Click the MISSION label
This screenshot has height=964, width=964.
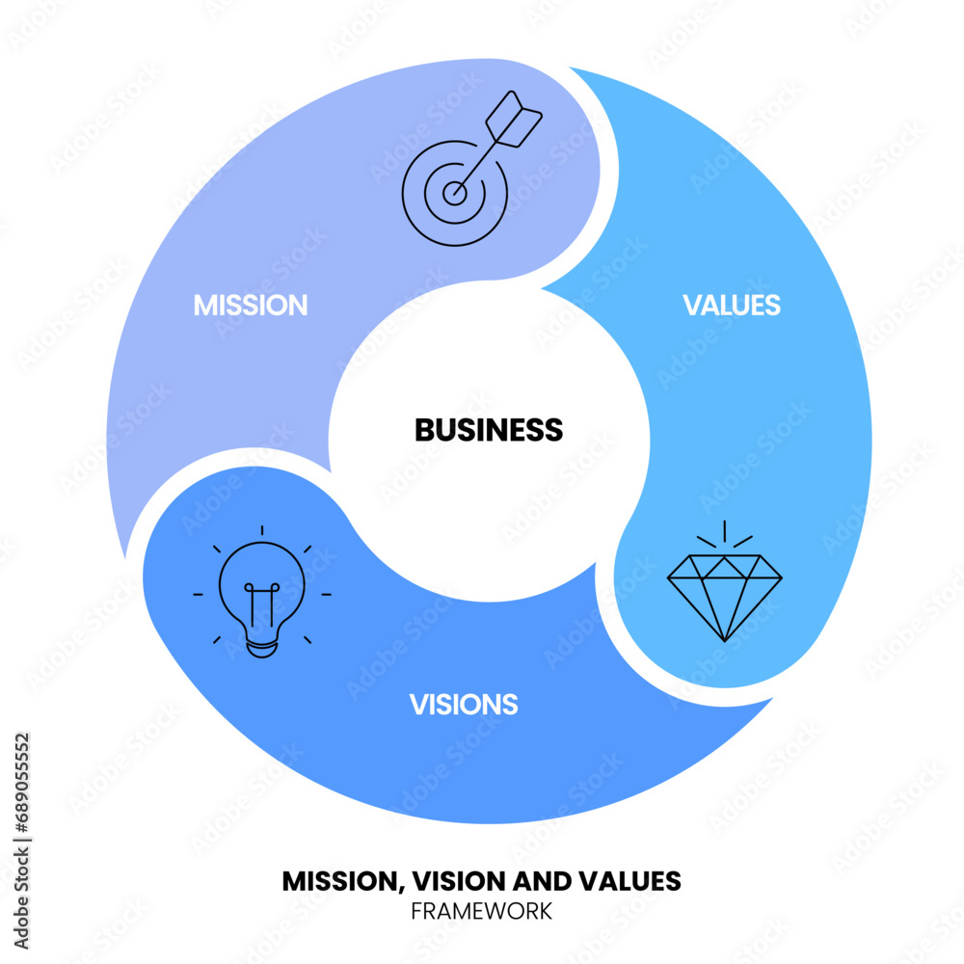click(x=251, y=306)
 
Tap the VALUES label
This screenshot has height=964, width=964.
click(x=732, y=306)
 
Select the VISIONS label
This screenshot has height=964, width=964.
click(x=464, y=705)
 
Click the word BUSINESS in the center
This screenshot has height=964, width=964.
click(x=489, y=430)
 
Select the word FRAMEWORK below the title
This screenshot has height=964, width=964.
click(x=482, y=910)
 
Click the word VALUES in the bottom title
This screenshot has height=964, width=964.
click(x=637, y=881)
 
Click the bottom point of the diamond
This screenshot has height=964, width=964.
click(x=724, y=639)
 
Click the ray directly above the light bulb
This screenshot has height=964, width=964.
click(x=262, y=531)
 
